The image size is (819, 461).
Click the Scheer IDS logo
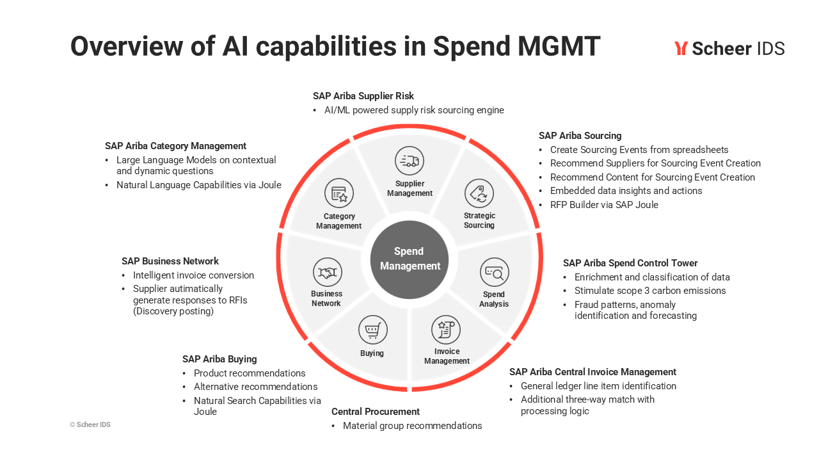[x=729, y=48]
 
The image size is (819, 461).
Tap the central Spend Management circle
[x=409, y=259]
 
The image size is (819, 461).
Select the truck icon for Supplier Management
[x=409, y=161]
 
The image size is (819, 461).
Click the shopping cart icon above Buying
[x=372, y=331]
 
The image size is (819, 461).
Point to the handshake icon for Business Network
[x=327, y=273]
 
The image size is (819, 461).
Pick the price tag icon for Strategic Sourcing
[x=479, y=193]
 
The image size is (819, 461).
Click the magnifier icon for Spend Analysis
[x=495, y=273]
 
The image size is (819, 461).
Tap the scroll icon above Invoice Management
[x=446, y=330]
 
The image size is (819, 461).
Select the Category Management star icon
[x=339, y=193]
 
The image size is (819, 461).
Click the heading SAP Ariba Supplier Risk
[x=363, y=96]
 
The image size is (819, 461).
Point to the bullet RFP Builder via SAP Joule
[x=604, y=205]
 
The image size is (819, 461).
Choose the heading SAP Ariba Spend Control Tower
[x=630, y=263]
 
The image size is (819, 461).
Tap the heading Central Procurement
[x=376, y=412]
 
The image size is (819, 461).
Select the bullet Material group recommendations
[x=412, y=426]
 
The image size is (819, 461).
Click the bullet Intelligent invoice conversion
[x=193, y=275]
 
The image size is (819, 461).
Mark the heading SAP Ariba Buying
[x=219, y=359]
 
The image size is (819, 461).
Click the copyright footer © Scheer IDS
[x=90, y=425]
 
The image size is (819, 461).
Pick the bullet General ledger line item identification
[x=598, y=386]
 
